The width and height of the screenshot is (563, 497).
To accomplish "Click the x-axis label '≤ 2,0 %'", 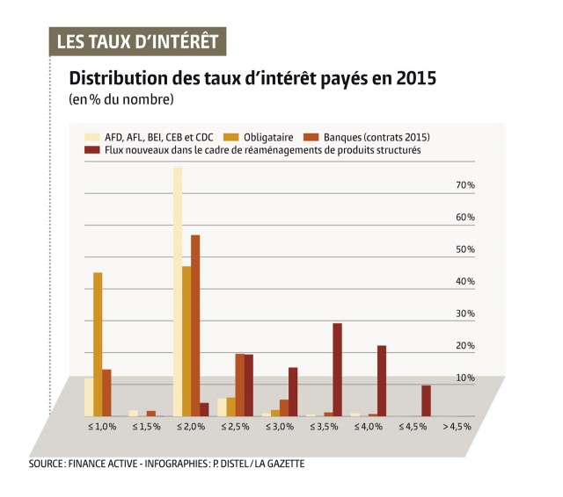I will click(192, 427).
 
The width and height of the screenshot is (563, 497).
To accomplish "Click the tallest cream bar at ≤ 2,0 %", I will click(178, 291).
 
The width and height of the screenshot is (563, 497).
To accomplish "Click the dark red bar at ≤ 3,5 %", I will click(337, 369).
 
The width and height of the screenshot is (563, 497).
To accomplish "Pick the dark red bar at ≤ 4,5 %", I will click(426, 400).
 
